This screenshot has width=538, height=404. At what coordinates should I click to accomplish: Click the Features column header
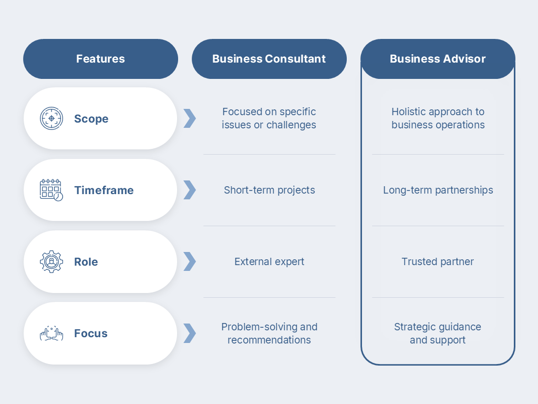point(100,59)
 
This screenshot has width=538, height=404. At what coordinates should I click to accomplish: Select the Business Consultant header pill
point(269,59)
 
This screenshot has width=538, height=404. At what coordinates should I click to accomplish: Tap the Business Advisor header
point(438,59)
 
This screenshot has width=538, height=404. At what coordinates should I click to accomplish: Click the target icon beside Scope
point(51,118)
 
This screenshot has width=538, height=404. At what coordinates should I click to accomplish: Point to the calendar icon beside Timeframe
point(51,190)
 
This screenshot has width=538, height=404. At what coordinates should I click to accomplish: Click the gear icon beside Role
point(51,261)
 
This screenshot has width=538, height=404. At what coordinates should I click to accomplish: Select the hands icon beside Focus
point(51,333)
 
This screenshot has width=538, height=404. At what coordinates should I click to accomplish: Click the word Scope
point(91,119)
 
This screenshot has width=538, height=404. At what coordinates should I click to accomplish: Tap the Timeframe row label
point(104,190)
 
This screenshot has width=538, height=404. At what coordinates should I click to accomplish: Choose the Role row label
point(86,262)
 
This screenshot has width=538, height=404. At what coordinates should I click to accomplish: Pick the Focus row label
point(90,334)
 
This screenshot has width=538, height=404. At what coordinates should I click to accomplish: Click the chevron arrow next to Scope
point(190,118)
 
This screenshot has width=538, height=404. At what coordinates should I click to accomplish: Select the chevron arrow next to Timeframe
point(190,190)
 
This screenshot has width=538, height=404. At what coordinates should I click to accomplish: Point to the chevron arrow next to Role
point(190,261)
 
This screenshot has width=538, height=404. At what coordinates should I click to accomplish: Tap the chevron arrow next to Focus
point(190,333)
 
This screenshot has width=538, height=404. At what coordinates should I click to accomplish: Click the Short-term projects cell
point(269,190)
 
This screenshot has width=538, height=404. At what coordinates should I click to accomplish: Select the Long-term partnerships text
point(438,190)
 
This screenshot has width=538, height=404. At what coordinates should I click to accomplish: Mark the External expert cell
point(269,261)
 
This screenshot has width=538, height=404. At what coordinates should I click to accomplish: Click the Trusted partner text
point(438,261)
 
